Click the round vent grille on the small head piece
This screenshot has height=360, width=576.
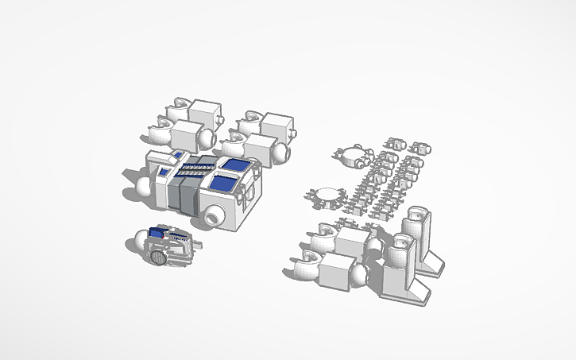pyautogui.click(x=159, y=257)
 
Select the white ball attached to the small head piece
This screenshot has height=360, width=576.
pyautogui.click(x=139, y=239)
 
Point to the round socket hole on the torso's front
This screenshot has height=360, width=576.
pyautogui.click(x=214, y=216)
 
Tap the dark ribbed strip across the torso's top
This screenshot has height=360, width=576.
pyautogui.click(x=193, y=168)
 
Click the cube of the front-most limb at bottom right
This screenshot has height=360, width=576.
pyautogui.click(x=338, y=273)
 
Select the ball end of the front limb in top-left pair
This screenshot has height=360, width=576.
pyautogui.click(x=206, y=138)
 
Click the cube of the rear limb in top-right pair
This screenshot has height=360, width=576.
pyautogui.click(x=277, y=126)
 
